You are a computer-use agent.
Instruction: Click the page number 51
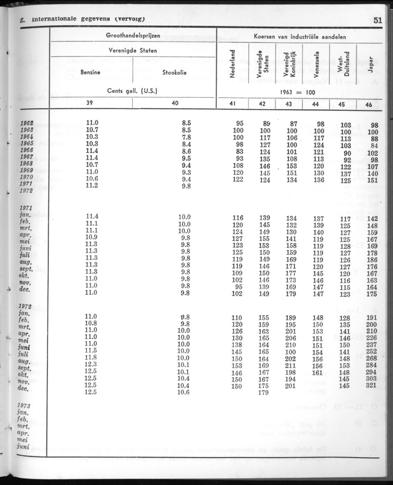377,20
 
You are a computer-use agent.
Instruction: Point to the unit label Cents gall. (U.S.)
132,91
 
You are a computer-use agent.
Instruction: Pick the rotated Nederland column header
233,63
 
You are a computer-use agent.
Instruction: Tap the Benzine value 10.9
92,237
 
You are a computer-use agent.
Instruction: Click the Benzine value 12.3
92,365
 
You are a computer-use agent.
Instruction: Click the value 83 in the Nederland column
239,151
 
